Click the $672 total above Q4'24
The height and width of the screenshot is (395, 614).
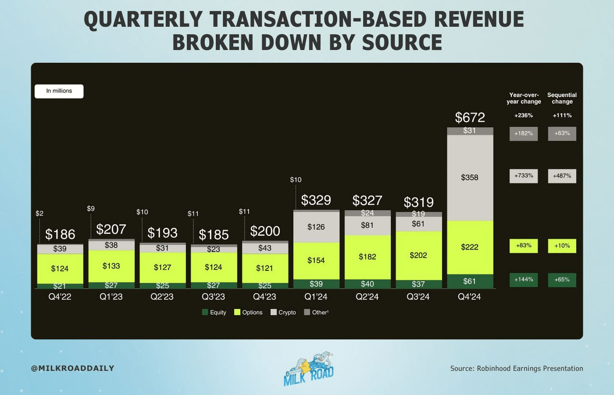(x=470, y=117)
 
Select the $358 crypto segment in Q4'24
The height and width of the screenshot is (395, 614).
(x=470, y=177)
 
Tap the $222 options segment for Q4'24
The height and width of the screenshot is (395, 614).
(x=470, y=247)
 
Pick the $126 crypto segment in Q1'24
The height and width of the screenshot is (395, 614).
(x=316, y=227)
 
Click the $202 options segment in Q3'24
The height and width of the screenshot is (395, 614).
(x=418, y=255)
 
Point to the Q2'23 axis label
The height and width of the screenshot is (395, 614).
(x=163, y=297)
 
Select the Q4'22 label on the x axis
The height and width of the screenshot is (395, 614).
(x=60, y=297)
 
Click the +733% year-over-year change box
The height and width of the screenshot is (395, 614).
(x=524, y=176)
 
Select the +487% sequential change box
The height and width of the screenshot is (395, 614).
(x=562, y=176)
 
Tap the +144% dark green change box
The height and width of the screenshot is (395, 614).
(x=524, y=279)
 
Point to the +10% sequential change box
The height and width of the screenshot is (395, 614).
(x=562, y=246)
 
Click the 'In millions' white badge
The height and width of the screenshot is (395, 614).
(x=59, y=91)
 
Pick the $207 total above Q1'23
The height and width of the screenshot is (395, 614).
(x=111, y=229)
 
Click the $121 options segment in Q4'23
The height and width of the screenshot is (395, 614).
(x=265, y=268)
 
